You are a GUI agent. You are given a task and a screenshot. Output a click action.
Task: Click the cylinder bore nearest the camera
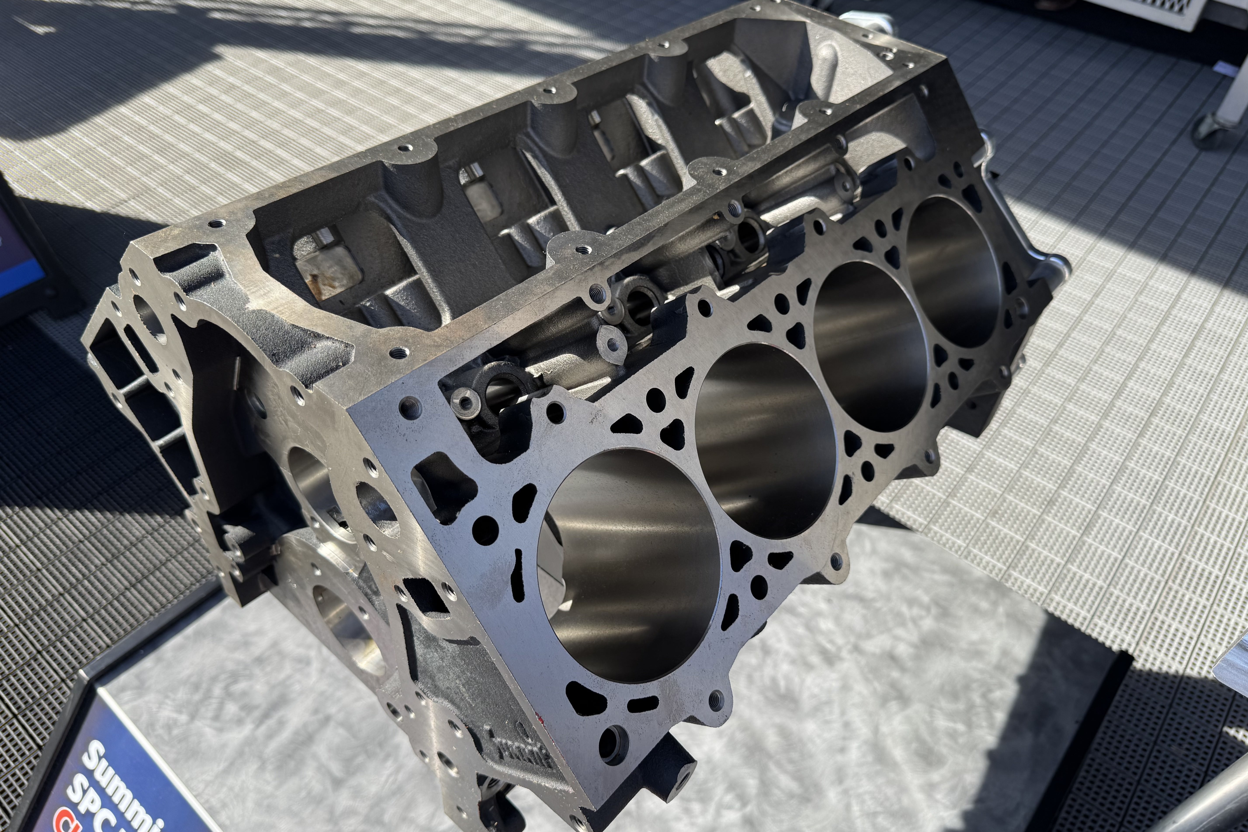point(629,565)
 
